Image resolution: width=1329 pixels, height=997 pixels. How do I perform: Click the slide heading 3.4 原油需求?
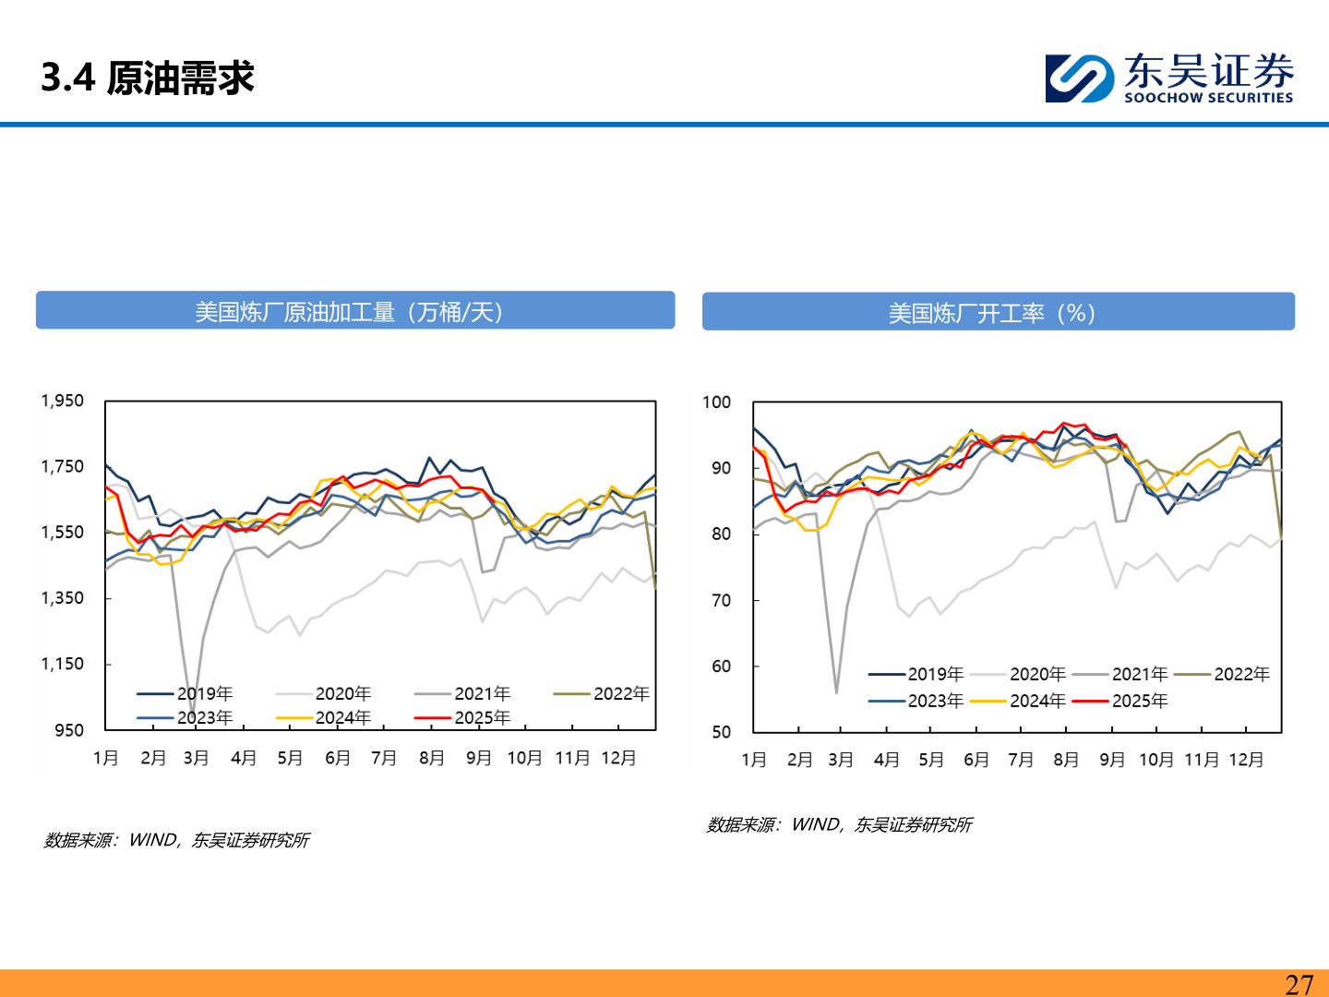148,78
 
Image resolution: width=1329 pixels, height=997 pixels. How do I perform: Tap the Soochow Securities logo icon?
1079,78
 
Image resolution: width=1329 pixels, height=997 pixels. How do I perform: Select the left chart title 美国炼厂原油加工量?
349,312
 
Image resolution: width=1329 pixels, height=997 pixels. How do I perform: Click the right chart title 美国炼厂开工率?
991,313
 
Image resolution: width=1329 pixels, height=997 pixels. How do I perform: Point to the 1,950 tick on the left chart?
62,401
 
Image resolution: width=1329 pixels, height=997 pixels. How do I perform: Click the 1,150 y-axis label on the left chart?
62,664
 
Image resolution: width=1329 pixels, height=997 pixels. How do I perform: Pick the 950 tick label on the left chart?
69,730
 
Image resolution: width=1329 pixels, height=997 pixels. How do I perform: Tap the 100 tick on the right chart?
716,402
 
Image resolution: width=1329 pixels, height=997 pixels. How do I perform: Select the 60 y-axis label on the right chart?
721,667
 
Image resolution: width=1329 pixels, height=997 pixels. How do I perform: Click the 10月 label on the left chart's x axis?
524,758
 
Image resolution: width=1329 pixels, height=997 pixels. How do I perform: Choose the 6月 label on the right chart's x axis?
976,760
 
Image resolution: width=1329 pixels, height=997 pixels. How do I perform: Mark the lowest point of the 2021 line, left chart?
192,712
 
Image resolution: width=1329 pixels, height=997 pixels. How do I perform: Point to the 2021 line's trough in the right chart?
836,692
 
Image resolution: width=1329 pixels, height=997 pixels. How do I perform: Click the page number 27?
1299,984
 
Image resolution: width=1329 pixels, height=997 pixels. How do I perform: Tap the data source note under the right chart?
839,824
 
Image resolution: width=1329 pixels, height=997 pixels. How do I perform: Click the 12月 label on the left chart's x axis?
618,758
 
